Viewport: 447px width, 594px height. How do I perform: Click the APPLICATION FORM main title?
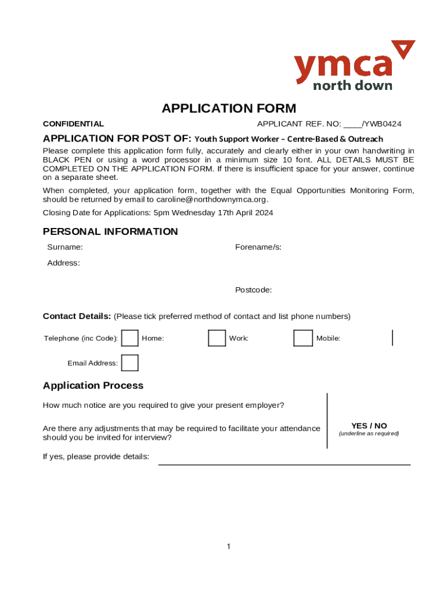[x=229, y=108]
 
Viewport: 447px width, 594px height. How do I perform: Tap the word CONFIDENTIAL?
[x=74, y=124]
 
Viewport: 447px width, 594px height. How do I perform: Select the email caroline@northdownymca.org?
[x=212, y=200]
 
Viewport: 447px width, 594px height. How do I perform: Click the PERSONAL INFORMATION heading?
[x=110, y=231]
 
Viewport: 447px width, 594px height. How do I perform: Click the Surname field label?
[x=64, y=247]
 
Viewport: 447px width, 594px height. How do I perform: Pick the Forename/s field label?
[x=258, y=247]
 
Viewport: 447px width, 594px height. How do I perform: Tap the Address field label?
[x=63, y=263]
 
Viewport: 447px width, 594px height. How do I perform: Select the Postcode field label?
[x=253, y=289]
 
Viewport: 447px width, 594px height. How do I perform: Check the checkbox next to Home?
[x=129, y=338]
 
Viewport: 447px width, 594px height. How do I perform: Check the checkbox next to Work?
[x=217, y=338]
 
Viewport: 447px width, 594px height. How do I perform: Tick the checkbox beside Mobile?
[x=303, y=338]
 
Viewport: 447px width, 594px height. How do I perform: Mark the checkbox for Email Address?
[x=129, y=363]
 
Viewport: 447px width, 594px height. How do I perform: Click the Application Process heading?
[x=93, y=386]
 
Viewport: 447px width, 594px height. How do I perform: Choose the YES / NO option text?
[x=369, y=426]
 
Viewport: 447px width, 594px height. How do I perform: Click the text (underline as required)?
[x=369, y=434]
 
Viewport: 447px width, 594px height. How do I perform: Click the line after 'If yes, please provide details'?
[x=284, y=464]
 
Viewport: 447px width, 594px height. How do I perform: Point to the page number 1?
[x=229, y=546]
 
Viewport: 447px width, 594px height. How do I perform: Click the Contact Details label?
[x=77, y=316]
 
